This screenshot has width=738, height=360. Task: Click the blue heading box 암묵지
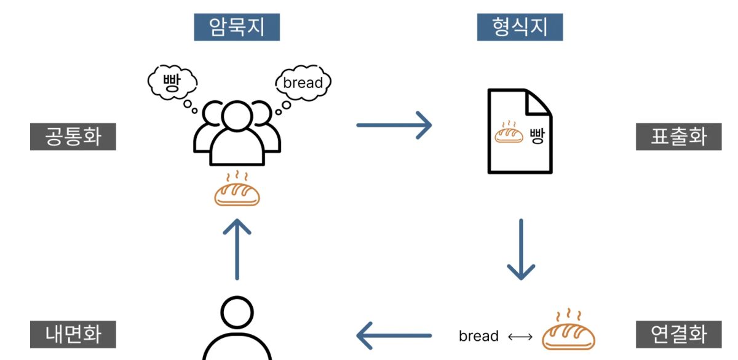point(237,27)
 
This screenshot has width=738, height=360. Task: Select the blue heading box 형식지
point(520,27)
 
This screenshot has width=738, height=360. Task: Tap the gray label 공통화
point(73,136)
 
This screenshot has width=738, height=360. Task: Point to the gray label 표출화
point(678,136)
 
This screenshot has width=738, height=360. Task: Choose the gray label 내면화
point(73,335)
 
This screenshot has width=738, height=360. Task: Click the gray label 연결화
point(678,335)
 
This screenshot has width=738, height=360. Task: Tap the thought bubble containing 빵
point(172,82)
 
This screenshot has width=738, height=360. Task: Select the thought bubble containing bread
point(303,82)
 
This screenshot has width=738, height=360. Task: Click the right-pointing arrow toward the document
point(394,125)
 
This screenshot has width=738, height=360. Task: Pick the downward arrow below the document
point(521,249)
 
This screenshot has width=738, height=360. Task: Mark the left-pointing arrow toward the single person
point(394,336)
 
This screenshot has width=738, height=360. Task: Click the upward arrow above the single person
point(237,249)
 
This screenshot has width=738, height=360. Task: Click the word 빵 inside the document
point(536,135)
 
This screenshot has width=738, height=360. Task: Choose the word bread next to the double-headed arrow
point(478,337)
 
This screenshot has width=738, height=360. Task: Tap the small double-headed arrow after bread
point(520,337)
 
